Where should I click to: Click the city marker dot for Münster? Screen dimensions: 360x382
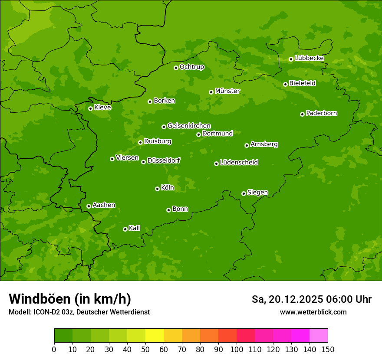(211, 92)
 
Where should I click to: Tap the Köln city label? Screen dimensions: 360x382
(168, 188)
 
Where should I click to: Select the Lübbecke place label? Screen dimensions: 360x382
(309, 58)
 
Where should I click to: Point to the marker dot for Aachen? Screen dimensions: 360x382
(89, 206)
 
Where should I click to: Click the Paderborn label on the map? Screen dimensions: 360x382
(321, 113)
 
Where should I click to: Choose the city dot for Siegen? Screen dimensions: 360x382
(244, 193)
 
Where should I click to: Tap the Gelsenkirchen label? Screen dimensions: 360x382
(189, 126)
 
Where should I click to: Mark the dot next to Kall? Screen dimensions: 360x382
(125, 229)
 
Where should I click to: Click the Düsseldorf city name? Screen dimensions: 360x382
(164, 160)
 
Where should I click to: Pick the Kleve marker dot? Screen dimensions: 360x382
(90, 108)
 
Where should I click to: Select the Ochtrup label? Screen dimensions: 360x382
(192, 67)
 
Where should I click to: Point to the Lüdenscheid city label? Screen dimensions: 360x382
(239, 163)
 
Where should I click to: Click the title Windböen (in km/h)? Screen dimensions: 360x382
(70, 299)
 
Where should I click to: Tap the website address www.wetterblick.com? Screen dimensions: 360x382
(313, 312)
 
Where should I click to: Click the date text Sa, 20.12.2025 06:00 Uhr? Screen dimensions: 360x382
(311, 299)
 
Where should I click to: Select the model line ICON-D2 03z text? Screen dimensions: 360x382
(79, 312)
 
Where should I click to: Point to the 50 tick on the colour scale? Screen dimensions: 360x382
(145, 350)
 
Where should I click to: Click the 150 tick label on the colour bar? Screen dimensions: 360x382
(327, 350)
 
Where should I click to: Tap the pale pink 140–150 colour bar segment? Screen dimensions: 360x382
(319, 336)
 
